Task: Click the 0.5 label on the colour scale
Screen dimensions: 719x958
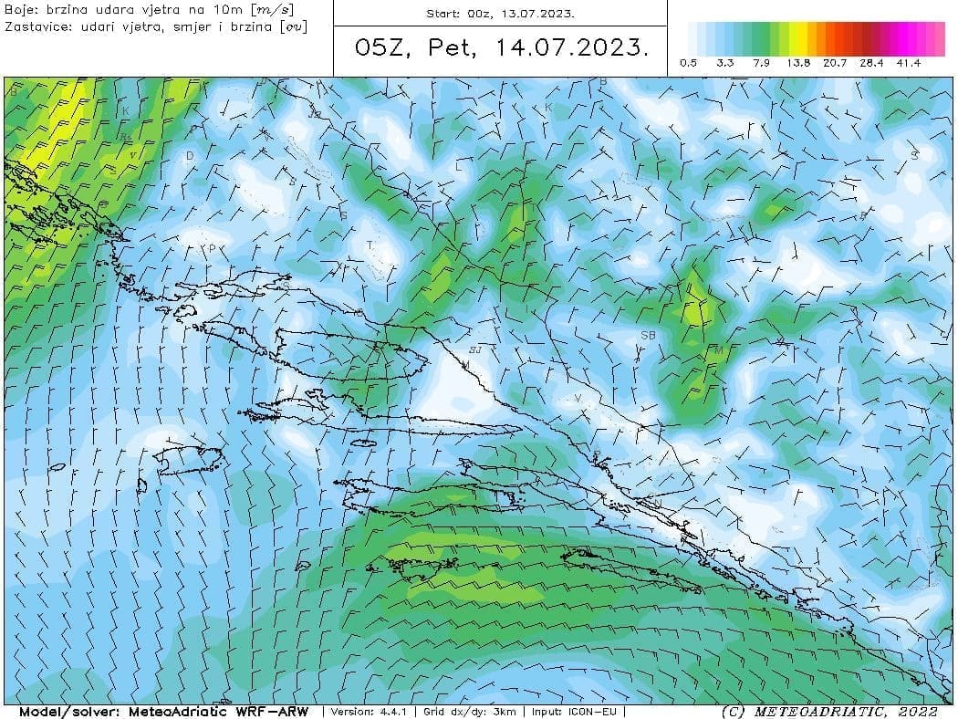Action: point(689,63)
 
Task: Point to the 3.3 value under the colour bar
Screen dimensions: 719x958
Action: point(725,63)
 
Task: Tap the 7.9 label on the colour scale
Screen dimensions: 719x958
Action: point(762,63)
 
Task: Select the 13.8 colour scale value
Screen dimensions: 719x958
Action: point(799,63)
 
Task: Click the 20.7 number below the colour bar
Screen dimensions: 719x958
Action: point(836,63)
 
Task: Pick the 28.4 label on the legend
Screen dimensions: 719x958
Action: point(872,63)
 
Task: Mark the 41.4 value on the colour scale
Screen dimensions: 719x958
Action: point(909,63)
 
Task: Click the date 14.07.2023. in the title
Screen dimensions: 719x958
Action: point(574,47)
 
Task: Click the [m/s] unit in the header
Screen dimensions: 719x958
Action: point(273,9)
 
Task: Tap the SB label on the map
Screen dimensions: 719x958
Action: point(648,336)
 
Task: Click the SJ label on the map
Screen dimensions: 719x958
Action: point(474,349)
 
